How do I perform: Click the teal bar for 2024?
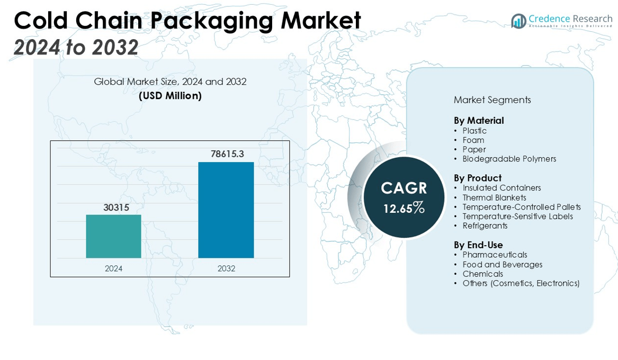coord(113,236)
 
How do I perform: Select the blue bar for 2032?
coord(226,210)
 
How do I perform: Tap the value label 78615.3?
coord(227,154)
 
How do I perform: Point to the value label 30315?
coord(116,208)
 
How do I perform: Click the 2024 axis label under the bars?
coord(113,268)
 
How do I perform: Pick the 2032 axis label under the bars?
coord(226,268)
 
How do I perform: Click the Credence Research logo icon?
coord(518,21)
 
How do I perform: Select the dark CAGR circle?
coord(404,197)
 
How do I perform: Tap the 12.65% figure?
coord(404,208)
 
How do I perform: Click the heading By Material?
coord(479,121)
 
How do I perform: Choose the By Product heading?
coord(477,178)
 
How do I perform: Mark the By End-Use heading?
coord(478,245)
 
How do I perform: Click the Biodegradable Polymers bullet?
coord(509,159)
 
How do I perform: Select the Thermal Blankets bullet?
coord(494,197)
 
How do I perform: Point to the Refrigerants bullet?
coord(485,226)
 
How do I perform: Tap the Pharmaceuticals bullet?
coord(495,255)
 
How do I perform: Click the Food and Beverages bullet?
coord(502,265)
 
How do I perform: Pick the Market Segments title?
coord(492,100)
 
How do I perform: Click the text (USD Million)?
coord(170,96)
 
